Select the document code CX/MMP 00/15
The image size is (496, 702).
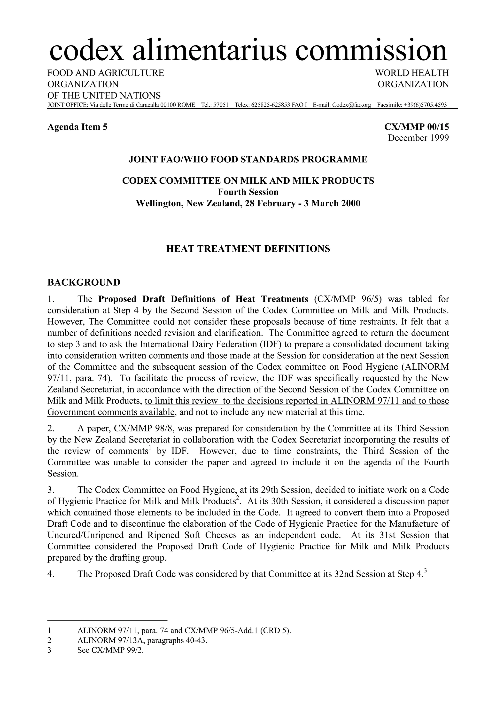click(x=416, y=127)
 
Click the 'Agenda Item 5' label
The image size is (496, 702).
click(x=77, y=127)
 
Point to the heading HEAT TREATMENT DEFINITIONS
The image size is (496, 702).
click(x=248, y=249)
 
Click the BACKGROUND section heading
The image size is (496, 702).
click(x=84, y=282)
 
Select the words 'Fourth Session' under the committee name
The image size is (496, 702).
click(x=248, y=192)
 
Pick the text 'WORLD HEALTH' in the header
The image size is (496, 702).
click(x=412, y=73)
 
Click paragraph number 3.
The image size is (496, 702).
click(x=51, y=490)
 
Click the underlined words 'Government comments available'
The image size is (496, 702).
click(x=111, y=412)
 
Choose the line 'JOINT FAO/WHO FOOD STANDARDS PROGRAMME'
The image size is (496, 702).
click(x=248, y=160)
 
